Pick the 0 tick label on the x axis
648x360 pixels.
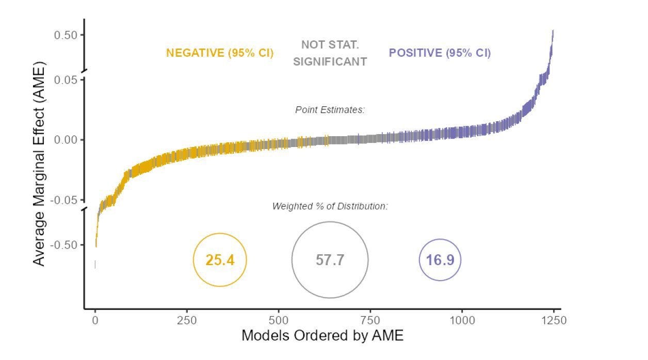[x=95, y=321]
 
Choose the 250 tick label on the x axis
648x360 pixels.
[x=187, y=321]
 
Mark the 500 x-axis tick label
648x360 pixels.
[x=279, y=321]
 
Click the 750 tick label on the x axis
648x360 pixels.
[x=370, y=321]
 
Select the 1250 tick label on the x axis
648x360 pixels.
[x=554, y=321]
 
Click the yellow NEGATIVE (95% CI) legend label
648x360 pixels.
[x=220, y=53]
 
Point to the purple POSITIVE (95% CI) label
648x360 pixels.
[x=440, y=53]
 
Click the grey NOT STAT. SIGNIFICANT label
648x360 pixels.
[x=330, y=54]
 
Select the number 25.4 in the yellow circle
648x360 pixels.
[x=220, y=260]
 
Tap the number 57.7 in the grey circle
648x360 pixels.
[x=330, y=260]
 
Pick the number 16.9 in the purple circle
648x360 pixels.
[x=440, y=260]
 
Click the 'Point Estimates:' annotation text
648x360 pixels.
[x=330, y=110]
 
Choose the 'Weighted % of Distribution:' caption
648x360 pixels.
[x=330, y=206]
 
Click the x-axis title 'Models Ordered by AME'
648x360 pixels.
[x=322, y=336]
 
